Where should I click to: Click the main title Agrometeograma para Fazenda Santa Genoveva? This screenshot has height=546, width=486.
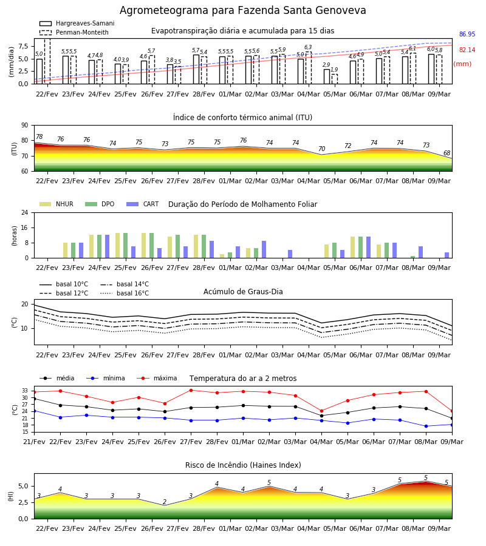coord(242,10)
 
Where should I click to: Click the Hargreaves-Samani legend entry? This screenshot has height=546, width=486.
coord(77,23)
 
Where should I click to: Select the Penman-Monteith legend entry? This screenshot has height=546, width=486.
coord(74,32)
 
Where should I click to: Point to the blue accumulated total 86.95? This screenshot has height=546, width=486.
coord(467,34)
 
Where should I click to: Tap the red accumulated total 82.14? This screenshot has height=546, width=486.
coord(467,50)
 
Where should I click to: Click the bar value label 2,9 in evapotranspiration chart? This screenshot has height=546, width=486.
coord(326,65)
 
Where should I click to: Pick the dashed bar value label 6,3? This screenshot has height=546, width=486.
coord(308,47)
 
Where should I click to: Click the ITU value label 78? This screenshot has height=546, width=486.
coord(39,137)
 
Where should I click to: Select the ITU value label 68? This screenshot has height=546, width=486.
coord(447,153)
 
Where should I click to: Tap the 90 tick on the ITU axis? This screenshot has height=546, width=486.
coord(25,126)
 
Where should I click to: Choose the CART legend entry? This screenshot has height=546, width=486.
coord(142,204)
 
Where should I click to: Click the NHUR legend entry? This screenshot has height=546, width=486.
coord(56,204)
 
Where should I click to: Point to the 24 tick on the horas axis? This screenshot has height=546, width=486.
coord(25,213)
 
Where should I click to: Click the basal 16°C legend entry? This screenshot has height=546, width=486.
coord(125,293)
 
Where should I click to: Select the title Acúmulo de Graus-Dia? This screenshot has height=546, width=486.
coord(243,292)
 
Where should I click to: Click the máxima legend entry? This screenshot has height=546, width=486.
coord(157,378)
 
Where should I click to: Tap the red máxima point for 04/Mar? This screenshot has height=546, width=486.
coord(321,411)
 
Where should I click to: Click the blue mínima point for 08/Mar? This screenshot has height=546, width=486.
coord(426,426)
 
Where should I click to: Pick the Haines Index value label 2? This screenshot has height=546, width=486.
coord(165,502)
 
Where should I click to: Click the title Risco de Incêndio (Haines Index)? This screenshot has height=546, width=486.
coord(243,465)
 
